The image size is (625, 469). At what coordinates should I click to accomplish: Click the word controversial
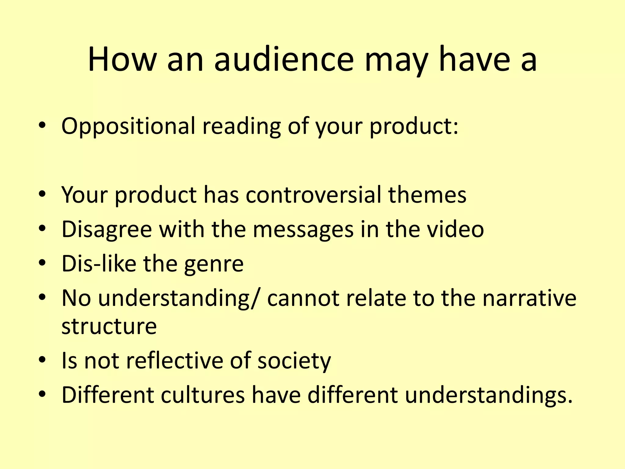(313, 195)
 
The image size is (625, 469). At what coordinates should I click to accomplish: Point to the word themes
(427, 195)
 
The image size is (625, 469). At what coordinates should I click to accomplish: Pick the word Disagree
(107, 230)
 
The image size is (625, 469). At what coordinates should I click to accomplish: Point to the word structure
(109, 326)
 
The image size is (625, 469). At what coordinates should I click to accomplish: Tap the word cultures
(203, 395)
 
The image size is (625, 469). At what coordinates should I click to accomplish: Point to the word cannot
(303, 298)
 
